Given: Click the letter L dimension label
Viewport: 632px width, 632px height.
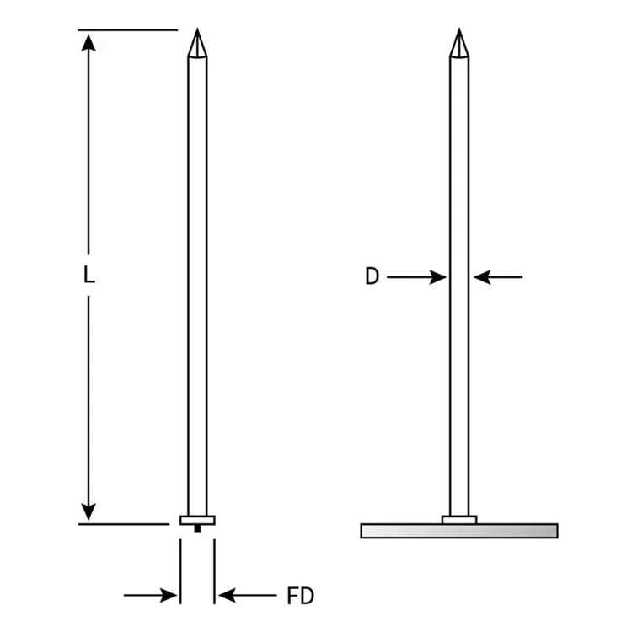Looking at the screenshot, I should coord(88,275).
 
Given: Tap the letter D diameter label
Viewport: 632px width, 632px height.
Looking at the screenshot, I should coord(372,276).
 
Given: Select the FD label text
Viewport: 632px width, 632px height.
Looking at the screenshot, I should coord(300,597).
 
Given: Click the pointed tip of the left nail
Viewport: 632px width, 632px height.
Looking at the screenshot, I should coord(196,34).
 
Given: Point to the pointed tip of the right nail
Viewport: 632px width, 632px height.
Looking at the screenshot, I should coord(458,34).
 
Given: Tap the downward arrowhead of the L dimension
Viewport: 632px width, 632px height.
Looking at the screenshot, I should coord(88,511).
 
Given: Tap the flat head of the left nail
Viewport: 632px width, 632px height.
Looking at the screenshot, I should coord(197,520).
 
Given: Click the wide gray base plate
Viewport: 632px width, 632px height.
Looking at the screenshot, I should coord(459,530).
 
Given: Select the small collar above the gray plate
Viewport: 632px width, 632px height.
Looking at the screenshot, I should coord(459,519).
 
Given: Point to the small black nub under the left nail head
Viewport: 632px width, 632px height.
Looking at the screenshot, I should coord(197,528).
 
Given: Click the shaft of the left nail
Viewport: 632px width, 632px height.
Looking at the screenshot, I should coord(197,278).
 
